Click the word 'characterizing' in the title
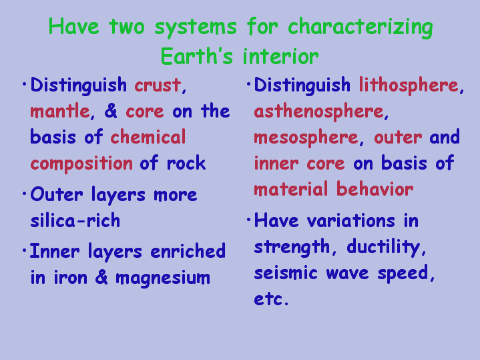click(361, 27)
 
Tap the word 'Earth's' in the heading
click(196, 56)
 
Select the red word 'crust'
click(158, 85)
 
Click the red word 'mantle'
click(60, 111)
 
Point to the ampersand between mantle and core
click(111, 111)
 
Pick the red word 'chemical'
click(148, 137)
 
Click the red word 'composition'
click(81, 164)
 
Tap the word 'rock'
click(186, 163)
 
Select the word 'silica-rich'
click(75, 220)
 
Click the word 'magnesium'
click(163, 279)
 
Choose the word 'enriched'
click(188, 251)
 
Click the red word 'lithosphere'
click(409, 85)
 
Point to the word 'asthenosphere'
click(318, 112)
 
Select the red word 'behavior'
click(375, 189)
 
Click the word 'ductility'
click(384, 247)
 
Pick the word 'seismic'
click(286, 273)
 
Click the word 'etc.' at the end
click(271, 299)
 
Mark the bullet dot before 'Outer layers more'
click(25, 194)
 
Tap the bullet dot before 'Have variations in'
click(248, 219)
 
